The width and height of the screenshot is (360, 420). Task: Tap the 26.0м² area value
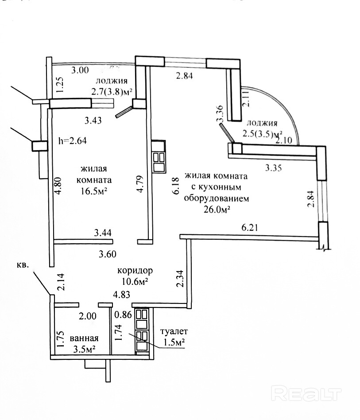click(217, 210)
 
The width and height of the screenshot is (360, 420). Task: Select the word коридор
click(135, 270)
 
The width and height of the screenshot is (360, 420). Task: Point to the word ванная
click(84, 340)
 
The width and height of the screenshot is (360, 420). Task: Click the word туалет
click(174, 331)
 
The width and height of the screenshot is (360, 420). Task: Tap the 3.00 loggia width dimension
click(80, 70)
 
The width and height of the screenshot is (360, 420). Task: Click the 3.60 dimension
click(107, 254)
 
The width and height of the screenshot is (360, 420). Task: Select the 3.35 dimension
click(274, 167)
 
